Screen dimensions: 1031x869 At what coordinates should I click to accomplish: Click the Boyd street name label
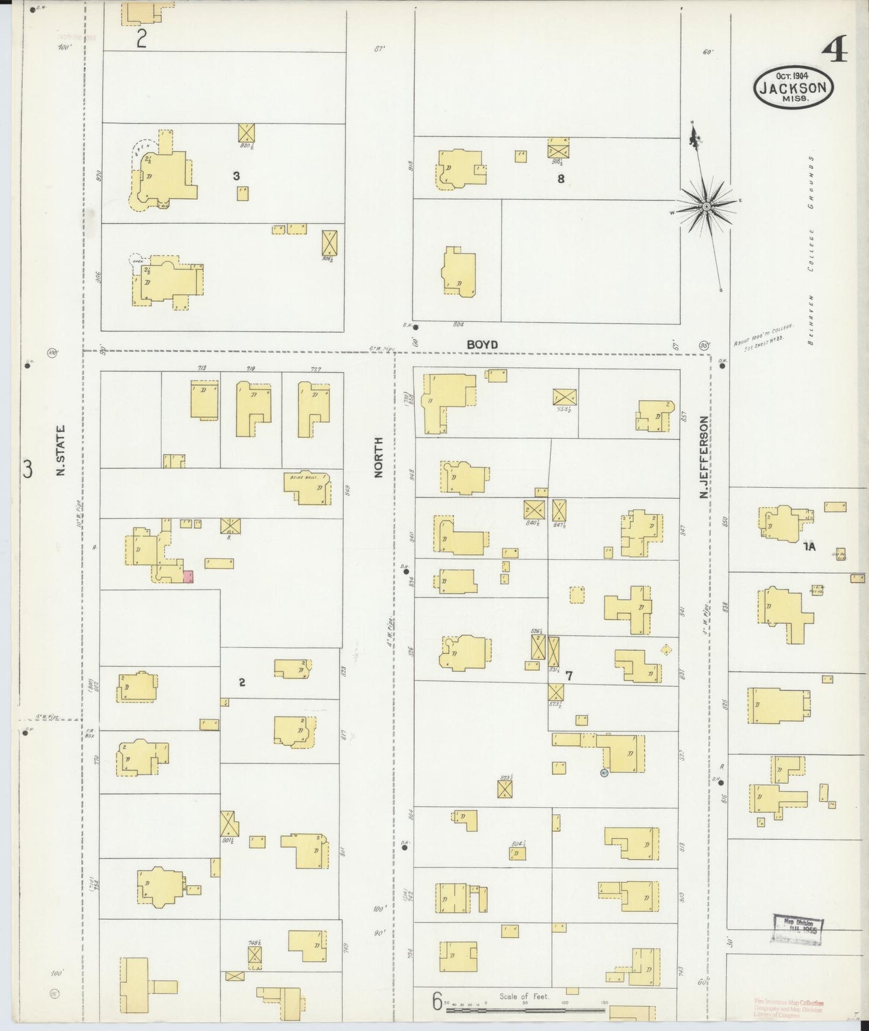(x=482, y=345)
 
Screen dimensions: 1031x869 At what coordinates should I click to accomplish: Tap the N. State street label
(x=61, y=451)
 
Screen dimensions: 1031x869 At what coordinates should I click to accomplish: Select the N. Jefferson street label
(x=704, y=457)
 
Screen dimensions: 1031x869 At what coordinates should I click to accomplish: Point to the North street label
(x=378, y=458)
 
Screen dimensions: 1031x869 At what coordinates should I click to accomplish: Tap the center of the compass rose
(x=707, y=207)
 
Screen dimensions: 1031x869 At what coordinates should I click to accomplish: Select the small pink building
(x=188, y=577)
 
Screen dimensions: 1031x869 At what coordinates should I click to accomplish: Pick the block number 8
(x=560, y=179)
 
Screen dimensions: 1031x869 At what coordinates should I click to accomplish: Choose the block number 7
(x=568, y=676)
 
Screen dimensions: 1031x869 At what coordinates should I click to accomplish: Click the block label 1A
(x=809, y=547)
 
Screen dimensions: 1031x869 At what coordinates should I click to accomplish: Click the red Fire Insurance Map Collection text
(x=788, y=1008)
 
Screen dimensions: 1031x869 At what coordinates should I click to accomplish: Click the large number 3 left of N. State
(x=28, y=469)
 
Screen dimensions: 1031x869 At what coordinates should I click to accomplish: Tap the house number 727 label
(x=316, y=369)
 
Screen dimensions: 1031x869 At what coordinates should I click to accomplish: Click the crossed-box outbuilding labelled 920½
(x=247, y=133)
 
